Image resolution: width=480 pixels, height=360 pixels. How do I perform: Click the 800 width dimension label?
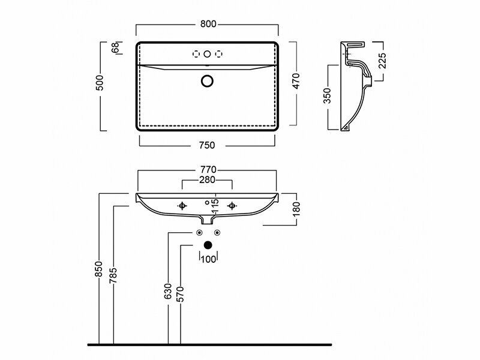[x=208, y=24]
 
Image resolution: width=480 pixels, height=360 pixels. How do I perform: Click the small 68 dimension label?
[x=115, y=48]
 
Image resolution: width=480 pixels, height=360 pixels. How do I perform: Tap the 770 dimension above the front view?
[x=208, y=170]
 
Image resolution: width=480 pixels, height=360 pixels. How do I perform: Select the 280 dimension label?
[x=208, y=179]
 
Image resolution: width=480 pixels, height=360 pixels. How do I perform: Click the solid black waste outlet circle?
[x=208, y=245]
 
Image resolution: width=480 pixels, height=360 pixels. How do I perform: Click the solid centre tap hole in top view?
[x=208, y=55]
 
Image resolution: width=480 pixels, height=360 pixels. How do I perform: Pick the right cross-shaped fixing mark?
[x=232, y=206]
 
